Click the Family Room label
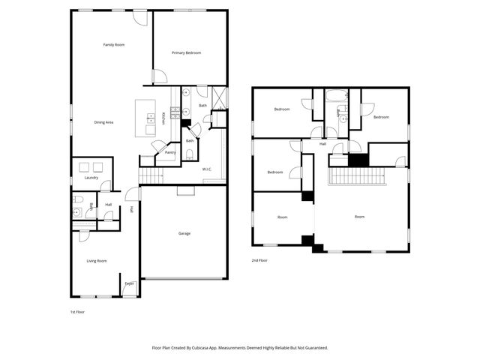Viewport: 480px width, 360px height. click(x=113, y=45)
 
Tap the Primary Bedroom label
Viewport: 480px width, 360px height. click(x=187, y=52)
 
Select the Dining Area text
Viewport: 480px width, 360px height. click(x=103, y=122)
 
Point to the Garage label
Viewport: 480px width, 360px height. click(x=184, y=233)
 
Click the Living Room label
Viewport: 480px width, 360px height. click(x=97, y=261)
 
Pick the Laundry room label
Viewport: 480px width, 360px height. click(x=91, y=178)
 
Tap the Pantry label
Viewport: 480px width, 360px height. click(x=170, y=152)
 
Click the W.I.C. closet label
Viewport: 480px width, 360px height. click(x=207, y=169)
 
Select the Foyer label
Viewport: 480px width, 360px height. click(x=130, y=283)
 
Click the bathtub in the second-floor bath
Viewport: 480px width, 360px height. click(x=336, y=95)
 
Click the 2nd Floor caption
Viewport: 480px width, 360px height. click(x=260, y=260)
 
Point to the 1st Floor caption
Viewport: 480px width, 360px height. click(x=77, y=310)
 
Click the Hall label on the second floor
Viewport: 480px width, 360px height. click(x=323, y=144)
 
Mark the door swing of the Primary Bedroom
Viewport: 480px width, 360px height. click(x=159, y=76)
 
